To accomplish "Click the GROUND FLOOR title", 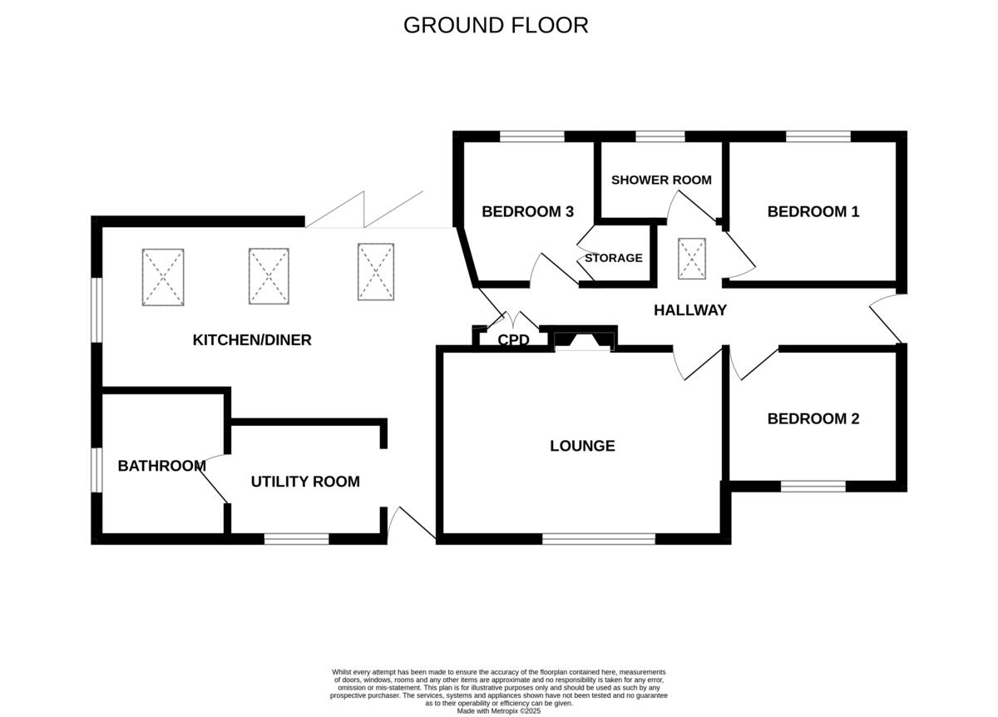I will [x=496, y=25].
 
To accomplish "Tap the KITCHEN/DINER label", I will [x=252, y=339].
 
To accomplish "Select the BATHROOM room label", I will [x=161, y=466].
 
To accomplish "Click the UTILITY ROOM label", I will [x=305, y=482].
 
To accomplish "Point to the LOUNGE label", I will [x=582, y=446].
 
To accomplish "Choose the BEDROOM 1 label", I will [x=813, y=211].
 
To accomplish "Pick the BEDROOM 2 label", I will [x=813, y=418].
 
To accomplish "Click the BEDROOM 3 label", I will [x=527, y=211].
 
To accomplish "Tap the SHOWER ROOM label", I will [x=661, y=180].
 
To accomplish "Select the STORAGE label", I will [x=613, y=258].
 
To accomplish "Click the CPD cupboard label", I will [x=513, y=339].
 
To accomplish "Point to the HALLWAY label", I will [x=689, y=310].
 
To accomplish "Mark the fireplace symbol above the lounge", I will [x=584, y=339].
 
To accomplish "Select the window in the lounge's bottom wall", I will [x=599, y=539].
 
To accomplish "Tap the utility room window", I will [x=296, y=539].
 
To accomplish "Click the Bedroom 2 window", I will [x=813, y=486].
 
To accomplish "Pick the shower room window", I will [x=660, y=136].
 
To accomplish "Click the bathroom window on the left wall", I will [x=96, y=470].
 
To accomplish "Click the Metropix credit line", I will [x=499, y=711].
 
